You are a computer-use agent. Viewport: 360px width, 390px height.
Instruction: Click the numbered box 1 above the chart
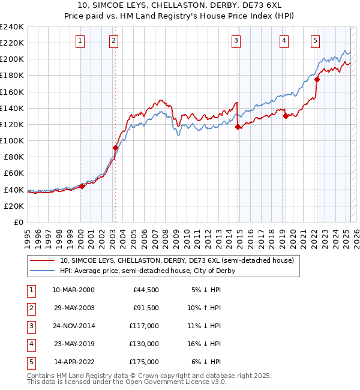pyautogui.click(x=80, y=41)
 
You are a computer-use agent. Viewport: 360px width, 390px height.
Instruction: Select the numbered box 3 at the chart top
pyautogui.click(x=236, y=41)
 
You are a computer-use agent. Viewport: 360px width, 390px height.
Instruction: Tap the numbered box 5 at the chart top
pyautogui.click(x=315, y=41)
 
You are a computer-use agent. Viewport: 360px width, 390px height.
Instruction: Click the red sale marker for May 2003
pyautogui.click(x=115, y=148)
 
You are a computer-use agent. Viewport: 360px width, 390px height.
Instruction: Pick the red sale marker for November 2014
pyautogui.click(x=238, y=127)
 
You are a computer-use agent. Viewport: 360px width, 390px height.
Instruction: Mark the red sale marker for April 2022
pyautogui.click(x=317, y=79)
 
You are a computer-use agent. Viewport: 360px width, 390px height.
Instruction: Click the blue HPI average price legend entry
pyautogui.click(x=147, y=271)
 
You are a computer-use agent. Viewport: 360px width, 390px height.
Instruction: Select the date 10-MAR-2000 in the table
pyautogui.click(x=73, y=290)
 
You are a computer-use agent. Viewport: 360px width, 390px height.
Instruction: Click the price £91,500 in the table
pyautogui.click(x=146, y=308)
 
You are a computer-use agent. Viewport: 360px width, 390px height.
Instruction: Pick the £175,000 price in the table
pyautogui.click(x=143, y=362)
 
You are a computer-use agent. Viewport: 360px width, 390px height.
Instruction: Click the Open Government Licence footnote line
pyautogui.click(x=119, y=382)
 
